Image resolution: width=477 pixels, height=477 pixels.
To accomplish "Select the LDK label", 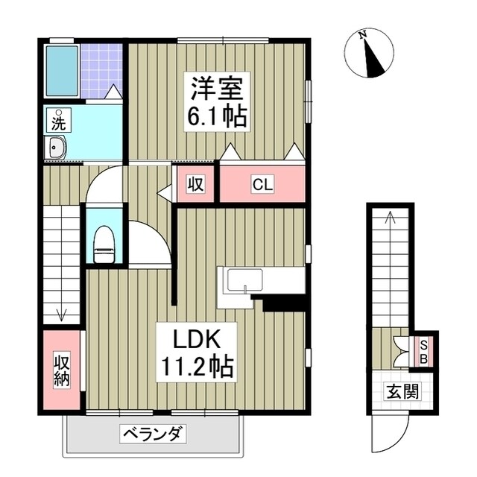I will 195,339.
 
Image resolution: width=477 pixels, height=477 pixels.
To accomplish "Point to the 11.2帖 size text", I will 195,367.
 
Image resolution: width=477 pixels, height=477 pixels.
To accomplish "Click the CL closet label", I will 262,183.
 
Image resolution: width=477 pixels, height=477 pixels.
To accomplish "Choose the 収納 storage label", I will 62,369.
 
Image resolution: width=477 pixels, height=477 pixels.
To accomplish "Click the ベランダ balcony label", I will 154,434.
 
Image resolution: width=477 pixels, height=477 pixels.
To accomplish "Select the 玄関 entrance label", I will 400,390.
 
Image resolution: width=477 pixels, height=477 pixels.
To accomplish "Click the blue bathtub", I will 60,71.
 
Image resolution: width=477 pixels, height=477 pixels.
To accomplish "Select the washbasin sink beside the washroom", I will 57,148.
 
